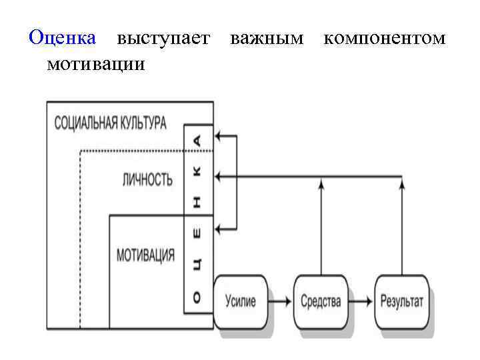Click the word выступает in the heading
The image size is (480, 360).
(x=163, y=38)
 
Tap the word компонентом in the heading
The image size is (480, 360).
(x=384, y=38)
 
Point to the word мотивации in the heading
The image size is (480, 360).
(x=96, y=65)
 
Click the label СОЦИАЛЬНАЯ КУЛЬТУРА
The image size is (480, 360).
(x=110, y=123)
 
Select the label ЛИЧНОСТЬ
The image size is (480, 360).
(x=147, y=179)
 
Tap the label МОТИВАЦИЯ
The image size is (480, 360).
(x=146, y=255)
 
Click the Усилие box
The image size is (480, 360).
(x=241, y=301)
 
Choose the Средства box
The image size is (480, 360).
(x=321, y=301)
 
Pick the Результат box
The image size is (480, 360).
(x=402, y=301)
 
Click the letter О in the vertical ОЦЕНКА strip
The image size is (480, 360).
(x=197, y=299)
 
